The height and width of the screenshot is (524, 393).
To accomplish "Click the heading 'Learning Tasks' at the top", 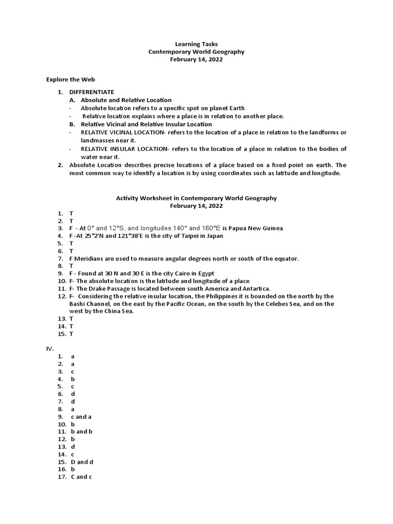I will point(196,45).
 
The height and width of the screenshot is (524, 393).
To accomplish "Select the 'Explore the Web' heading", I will point(71,79).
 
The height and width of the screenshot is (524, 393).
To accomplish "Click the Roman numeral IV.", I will point(50,348).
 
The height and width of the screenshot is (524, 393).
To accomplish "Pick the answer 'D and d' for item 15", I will point(82,462).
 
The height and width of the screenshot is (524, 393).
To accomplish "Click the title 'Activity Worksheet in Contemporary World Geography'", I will point(196,198).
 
